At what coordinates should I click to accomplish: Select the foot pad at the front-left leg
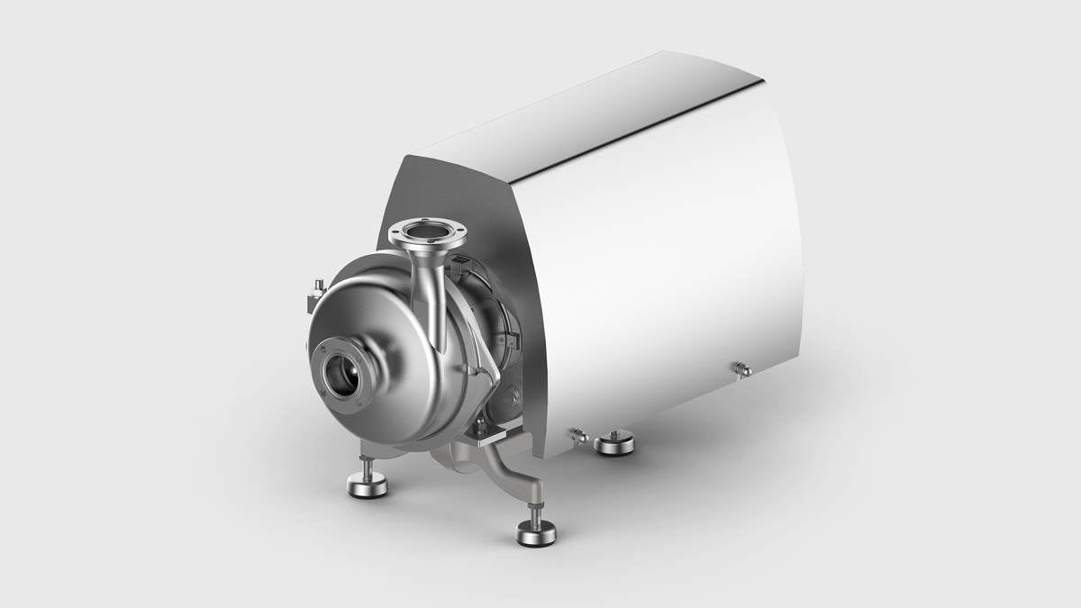pos(367,486)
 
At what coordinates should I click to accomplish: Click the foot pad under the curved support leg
pos(536,533)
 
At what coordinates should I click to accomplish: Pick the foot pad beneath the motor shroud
pos(613,442)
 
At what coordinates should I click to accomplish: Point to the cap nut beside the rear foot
pos(577,436)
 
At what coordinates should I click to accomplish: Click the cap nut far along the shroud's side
pos(742,368)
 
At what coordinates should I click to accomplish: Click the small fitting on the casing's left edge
pos(316,290)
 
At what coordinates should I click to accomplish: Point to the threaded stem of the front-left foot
pos(368,467)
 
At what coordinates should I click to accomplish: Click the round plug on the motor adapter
pos(514,396)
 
